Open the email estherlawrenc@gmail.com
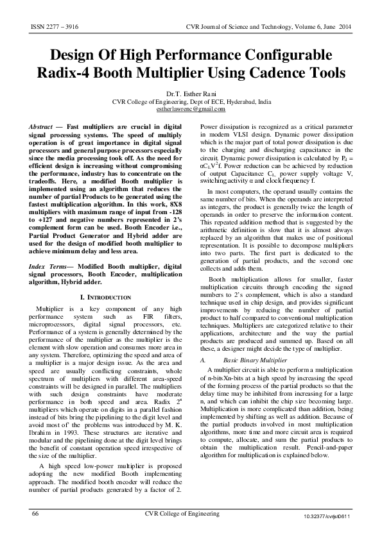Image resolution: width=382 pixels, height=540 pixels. point(191,108)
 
